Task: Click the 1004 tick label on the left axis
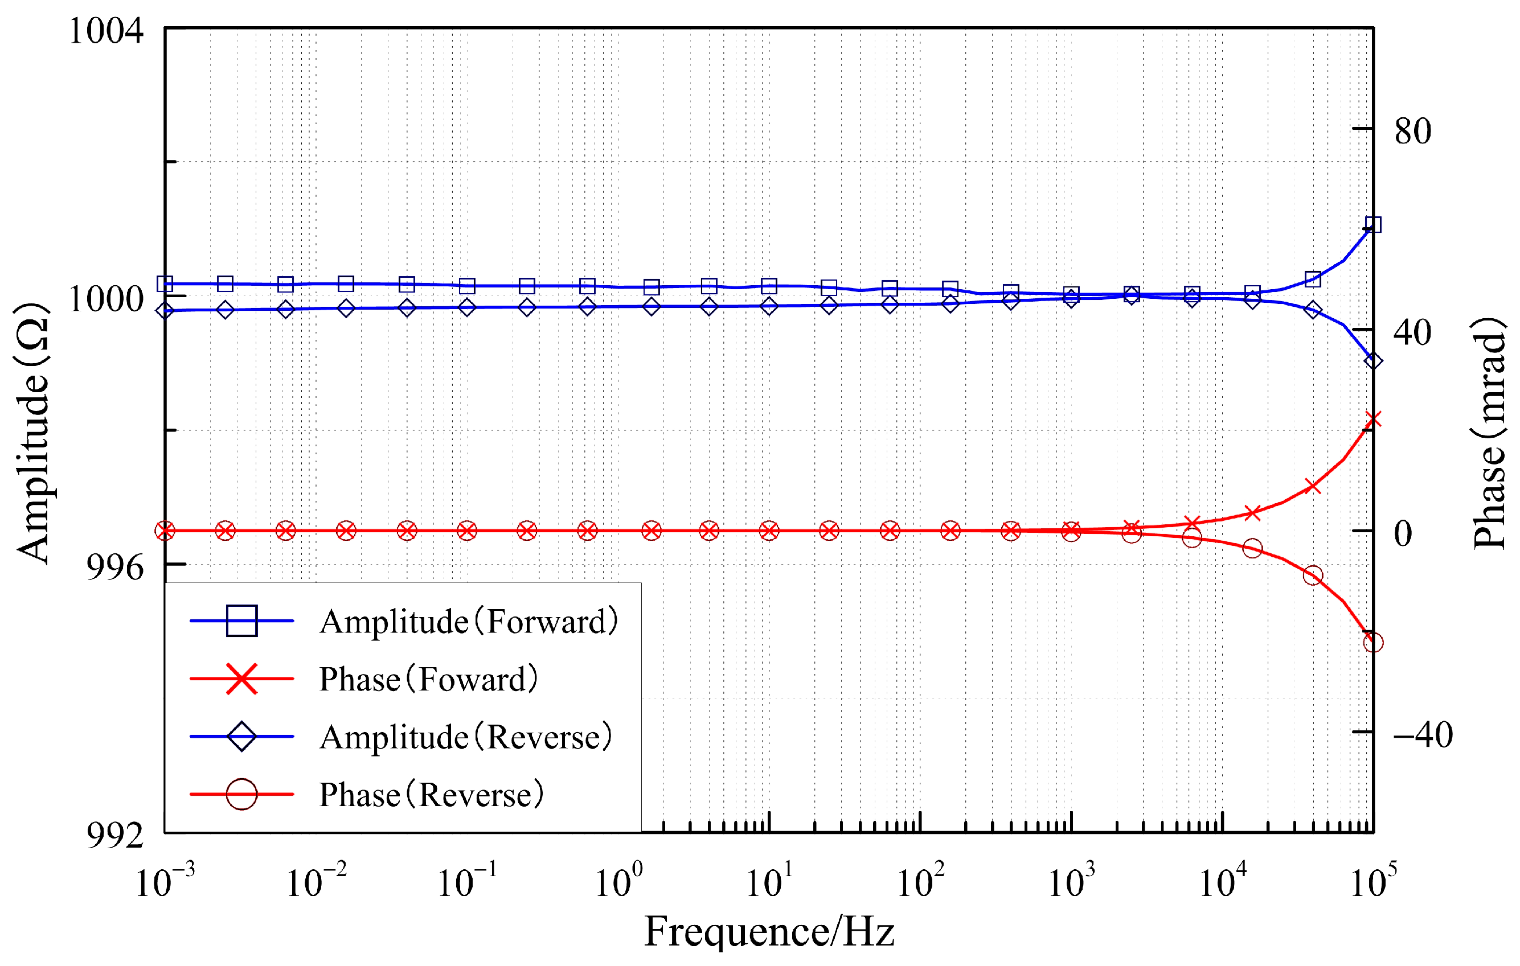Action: tap(105, 31)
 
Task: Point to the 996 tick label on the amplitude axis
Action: tap(114, 568)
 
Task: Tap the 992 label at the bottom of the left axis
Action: tap(114, 837)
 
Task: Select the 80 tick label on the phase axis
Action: tap(1412, 131)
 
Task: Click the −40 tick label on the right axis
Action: tap(1422, 734)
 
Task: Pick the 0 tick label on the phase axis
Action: tap(1403, 534)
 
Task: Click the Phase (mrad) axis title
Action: tap(1490, 433)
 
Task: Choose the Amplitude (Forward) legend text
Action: tap(468, 622)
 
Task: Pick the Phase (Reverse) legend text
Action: tap(431, 795)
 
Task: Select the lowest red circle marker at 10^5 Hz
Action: tap(1373, 643)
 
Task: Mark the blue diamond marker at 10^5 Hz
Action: tap(1373, 361)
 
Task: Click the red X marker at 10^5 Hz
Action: tap(1373, 420)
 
